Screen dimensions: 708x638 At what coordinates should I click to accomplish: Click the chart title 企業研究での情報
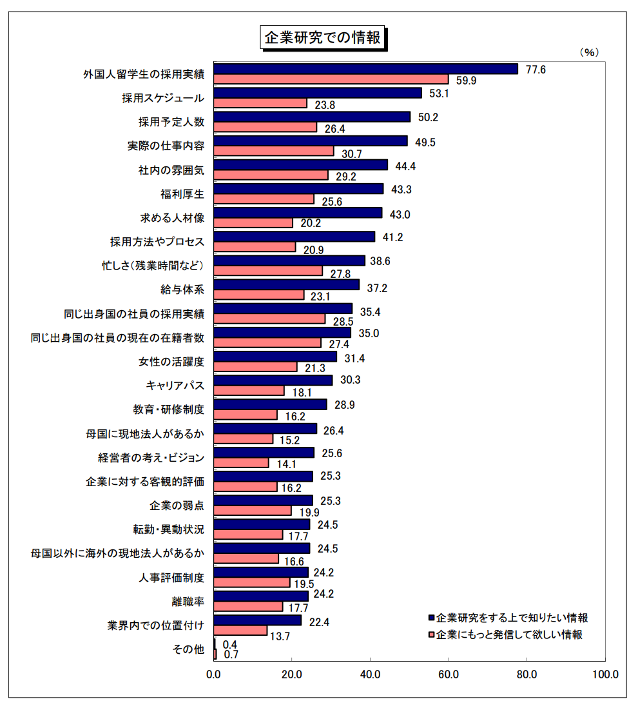[322, 37]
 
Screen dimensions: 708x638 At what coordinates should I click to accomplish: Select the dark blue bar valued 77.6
[365, 69]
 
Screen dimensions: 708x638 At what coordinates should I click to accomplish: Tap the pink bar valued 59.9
[331, 79]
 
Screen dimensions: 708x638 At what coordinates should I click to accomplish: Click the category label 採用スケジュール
[163, 98]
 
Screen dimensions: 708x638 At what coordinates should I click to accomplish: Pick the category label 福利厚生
[182, 193]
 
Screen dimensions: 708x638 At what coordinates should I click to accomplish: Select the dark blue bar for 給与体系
[286, 284]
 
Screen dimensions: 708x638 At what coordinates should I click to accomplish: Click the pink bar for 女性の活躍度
[255, 367]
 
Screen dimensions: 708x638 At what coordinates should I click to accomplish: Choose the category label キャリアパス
[175, 386]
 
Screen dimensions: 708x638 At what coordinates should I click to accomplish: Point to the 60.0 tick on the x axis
[449, 674]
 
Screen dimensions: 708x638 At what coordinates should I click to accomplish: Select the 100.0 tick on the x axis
[605, 674]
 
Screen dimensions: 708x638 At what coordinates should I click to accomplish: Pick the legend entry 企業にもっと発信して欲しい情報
[509, 634]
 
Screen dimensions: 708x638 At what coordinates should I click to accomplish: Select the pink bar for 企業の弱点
[252, 511]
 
